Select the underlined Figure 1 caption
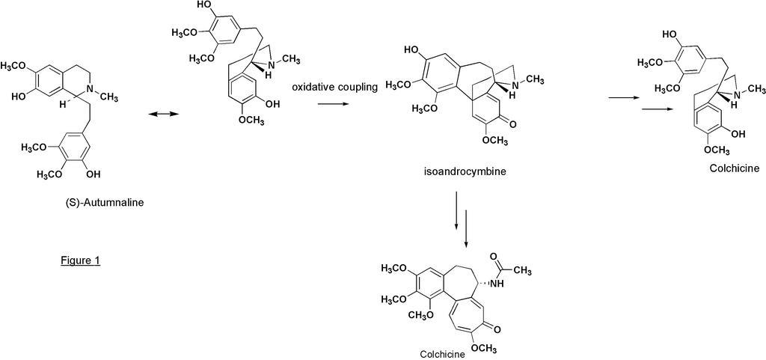81,260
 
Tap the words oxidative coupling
334,88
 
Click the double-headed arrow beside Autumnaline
161,114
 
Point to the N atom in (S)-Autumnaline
88,89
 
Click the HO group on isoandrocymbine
411,49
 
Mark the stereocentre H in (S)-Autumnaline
63,103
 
